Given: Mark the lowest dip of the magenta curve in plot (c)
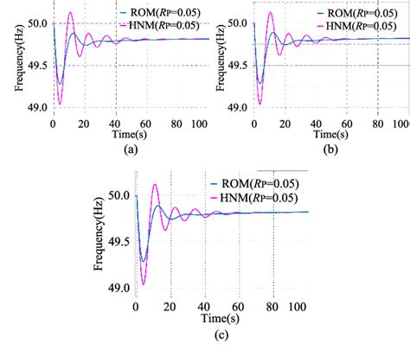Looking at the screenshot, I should [x=144, y=284].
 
